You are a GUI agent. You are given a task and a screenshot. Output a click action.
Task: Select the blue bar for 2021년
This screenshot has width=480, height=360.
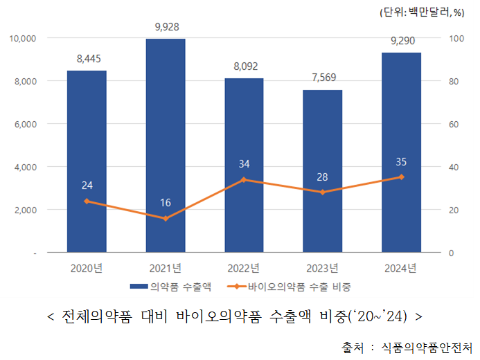[165, 145]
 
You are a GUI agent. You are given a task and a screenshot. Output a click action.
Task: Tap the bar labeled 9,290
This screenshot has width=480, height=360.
[402, 152]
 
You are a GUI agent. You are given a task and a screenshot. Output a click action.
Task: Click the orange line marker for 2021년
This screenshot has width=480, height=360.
[165, 219]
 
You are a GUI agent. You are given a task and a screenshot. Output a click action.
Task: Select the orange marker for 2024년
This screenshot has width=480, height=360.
[402, 177]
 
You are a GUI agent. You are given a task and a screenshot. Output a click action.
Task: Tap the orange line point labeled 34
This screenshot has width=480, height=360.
[244, 180]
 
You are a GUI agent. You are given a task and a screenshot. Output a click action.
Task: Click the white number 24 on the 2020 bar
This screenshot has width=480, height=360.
[87, 185]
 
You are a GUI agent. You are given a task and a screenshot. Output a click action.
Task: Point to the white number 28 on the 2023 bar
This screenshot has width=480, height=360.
[323, 177]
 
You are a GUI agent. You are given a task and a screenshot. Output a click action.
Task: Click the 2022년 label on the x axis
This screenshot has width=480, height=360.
[244, 268]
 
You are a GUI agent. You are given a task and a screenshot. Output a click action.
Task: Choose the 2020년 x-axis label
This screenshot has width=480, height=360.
[87, 268]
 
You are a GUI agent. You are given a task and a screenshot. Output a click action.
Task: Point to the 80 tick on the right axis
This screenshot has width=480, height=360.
[454, 81]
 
